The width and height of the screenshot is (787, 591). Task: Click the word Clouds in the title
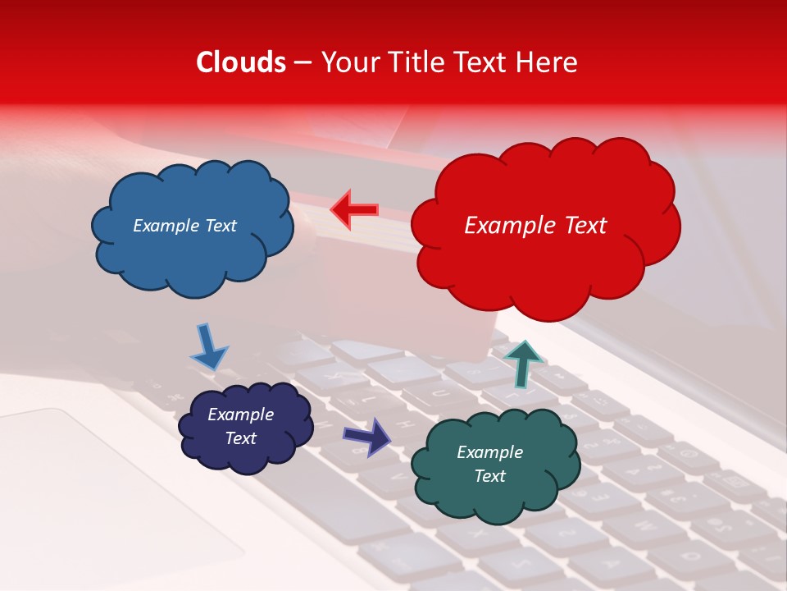(x=241, y=62)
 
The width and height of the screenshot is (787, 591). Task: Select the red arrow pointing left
(x=355, y=210)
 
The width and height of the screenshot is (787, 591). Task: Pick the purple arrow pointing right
(x=369, y=437)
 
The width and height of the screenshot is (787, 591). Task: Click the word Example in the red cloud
(x=502, y=226)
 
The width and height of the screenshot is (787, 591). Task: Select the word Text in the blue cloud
(x=219, y=226)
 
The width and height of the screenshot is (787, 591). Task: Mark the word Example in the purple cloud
(x=240, y=415)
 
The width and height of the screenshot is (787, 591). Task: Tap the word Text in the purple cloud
(x=240, y=438)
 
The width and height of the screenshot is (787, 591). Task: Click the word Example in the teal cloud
(x=489, y=452)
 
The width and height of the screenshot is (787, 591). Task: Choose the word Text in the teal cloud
(x=489, y=476)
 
